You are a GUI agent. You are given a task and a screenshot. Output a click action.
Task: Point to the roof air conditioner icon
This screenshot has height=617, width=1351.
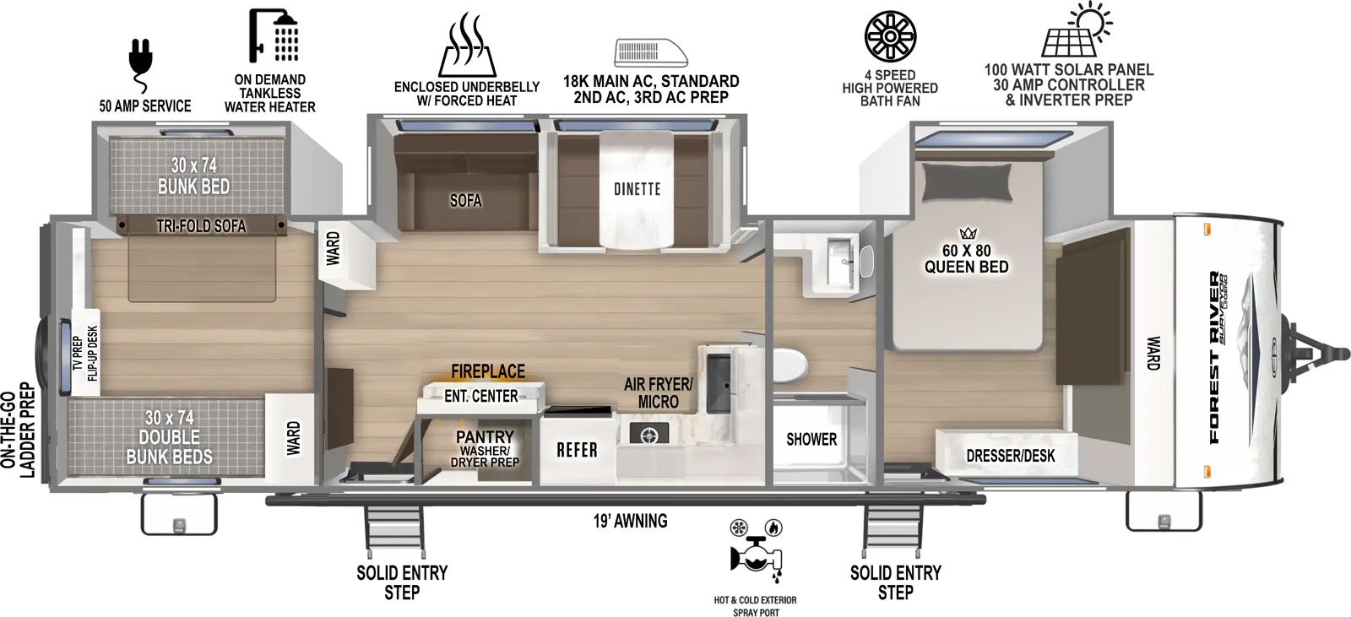(x=650, y=52)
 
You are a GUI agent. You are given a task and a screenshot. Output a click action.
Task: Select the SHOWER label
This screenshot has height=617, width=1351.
(x=811, y=439)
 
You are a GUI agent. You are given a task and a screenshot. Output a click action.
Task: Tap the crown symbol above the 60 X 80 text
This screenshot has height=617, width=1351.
(x=967, y=233)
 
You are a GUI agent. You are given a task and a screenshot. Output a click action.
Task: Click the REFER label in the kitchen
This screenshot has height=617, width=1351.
(x=577, y=451)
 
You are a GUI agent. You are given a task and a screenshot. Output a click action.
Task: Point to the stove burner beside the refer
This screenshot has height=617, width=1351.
(x=648, y=436)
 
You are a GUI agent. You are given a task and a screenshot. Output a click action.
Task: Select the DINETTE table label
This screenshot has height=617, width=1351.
(x=637, y=189)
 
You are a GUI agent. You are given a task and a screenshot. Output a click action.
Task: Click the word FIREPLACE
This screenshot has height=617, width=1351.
(x=487, y=371)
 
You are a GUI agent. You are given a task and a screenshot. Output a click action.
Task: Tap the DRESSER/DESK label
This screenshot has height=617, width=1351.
(x=1010, y=457)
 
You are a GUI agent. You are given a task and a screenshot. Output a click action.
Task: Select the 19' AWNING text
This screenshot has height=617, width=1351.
(x=630, y=521)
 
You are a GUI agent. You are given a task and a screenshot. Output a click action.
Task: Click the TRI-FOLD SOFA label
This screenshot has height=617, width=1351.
(x=201, y=226)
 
